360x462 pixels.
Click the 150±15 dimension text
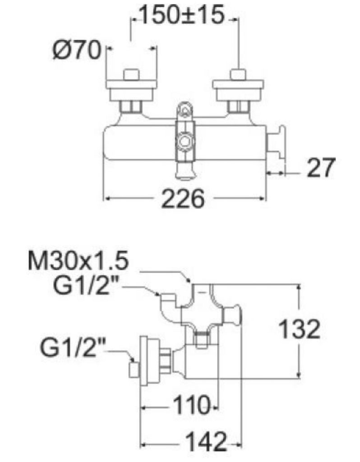(182, 16)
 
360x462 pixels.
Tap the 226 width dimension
(183, 199)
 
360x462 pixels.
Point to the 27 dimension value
(321, 168)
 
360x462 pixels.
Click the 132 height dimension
(299, 329)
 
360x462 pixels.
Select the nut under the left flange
(132, 107)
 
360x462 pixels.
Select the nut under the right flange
(238, 107)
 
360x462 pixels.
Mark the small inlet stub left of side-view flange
(134, 369)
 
